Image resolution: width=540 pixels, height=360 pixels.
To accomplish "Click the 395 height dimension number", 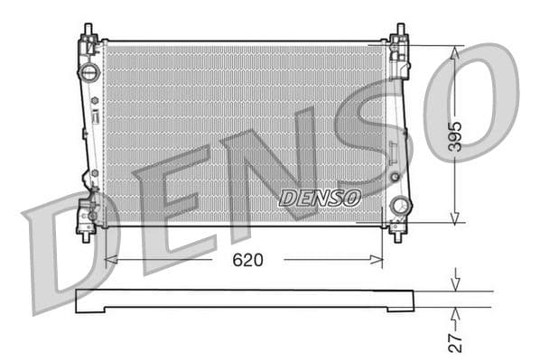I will point(455,134).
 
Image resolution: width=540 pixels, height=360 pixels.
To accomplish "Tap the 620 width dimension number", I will point(247,260).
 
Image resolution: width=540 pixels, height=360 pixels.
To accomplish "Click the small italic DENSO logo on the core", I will point(320,197).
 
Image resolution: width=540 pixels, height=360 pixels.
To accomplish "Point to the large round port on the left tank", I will point(88,71).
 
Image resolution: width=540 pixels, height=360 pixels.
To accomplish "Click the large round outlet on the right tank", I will point(398,207).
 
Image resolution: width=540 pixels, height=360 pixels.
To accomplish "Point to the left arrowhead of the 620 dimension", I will point(110,260).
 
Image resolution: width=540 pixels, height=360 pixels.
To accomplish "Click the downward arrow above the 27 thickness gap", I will point(455,284).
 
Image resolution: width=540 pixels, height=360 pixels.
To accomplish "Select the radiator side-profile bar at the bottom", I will point(244,300).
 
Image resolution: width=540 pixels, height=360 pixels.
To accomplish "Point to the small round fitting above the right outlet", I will point(394,177).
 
